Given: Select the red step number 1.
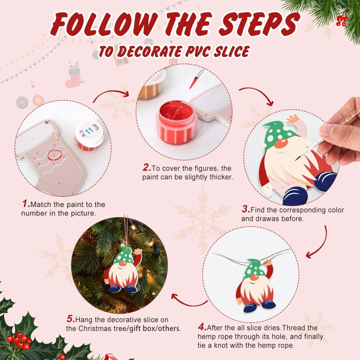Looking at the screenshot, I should pos(25,204).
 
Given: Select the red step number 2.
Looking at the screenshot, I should pos(146,168).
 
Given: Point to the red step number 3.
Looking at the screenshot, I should pos(245,209).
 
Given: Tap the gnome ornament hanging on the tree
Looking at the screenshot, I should pos(122,270).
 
